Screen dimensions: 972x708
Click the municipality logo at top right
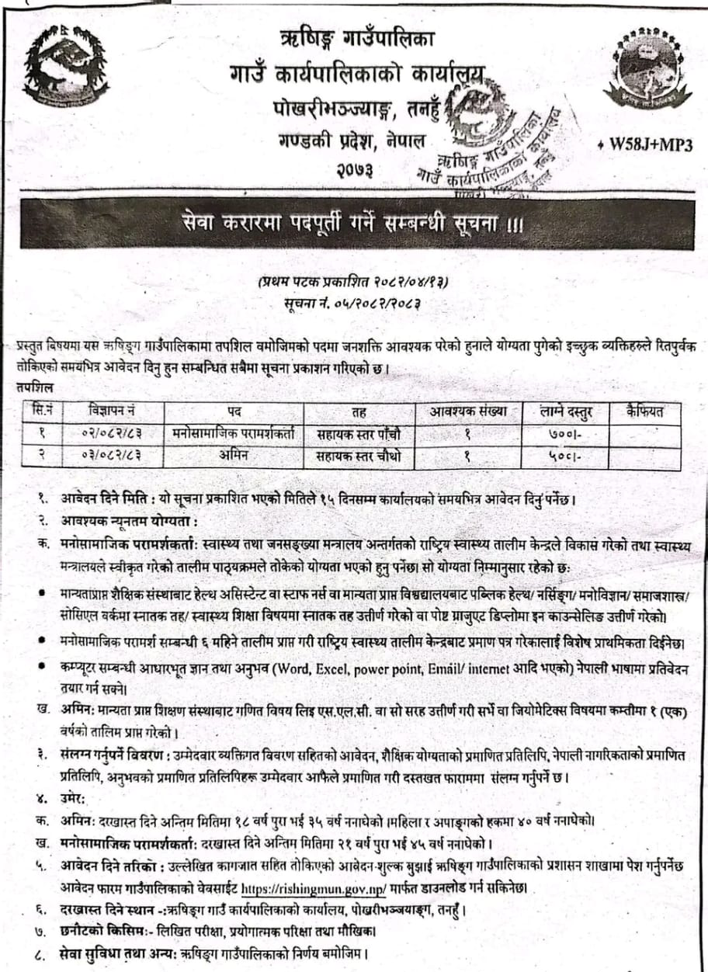pyautogui.click(x=647, y=68)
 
